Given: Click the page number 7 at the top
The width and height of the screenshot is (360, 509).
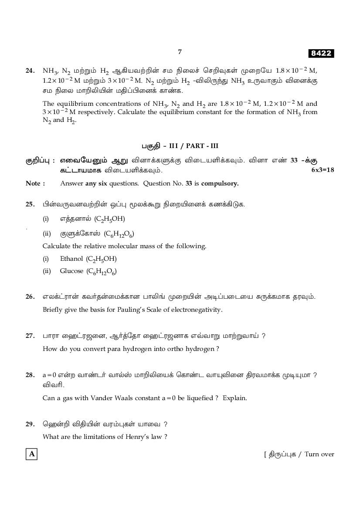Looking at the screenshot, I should (180, 52).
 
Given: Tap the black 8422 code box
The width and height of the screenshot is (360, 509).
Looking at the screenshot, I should (321, 54).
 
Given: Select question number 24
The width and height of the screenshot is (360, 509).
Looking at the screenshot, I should (30, 70).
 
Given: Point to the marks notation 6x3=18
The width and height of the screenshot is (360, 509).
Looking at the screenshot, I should (323, 170).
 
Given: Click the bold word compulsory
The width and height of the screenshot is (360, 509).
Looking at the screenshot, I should (220, 183).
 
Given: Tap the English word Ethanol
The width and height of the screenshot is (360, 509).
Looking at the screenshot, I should (71, 259).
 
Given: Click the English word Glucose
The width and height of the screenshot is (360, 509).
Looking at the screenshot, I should (71, 271).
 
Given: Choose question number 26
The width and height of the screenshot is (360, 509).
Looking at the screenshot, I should (30, 297).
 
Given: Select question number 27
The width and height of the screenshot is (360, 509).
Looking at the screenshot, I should (30, 336).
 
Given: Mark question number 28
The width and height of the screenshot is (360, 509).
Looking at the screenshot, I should (30, 375).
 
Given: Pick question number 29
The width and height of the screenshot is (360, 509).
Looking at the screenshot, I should (30, 424).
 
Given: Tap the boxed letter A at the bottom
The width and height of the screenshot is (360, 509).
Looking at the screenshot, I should (31, 454).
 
